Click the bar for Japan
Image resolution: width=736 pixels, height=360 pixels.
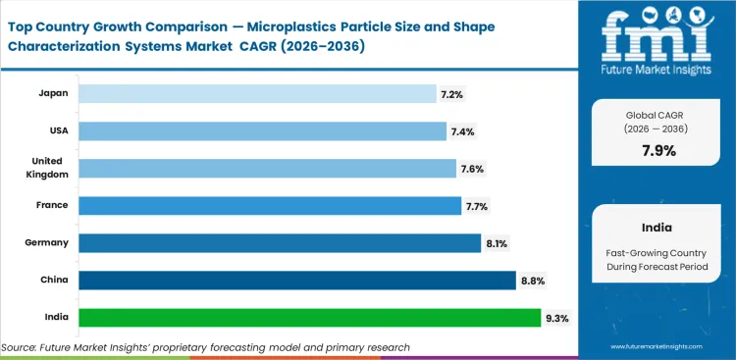(257, 93)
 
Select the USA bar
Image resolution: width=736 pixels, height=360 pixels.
(262, 130)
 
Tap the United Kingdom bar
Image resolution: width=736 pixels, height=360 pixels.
(267, 168)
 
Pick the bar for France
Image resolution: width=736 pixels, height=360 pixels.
(270, 205)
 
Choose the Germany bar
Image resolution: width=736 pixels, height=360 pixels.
(280, 242)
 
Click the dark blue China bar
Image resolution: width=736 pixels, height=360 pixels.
(297, 281)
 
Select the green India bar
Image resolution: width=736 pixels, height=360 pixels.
(309, 318)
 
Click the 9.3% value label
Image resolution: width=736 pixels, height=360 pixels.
(556, 318)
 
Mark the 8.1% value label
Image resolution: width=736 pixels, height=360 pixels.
(496, 242)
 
